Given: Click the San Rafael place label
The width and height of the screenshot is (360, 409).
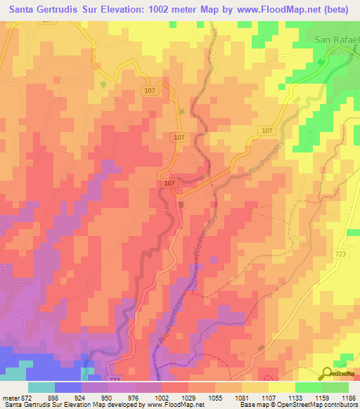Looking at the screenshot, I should pyautogui.click(x=336, y=39).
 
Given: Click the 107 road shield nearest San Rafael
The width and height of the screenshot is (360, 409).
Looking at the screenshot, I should pyautogui.click(x=266, y=131).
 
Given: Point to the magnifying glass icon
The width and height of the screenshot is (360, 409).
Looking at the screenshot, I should pyautogui.click(x=328, y=374).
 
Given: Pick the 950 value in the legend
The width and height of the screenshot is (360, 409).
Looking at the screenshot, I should pyautogui.click(x=107, y=397).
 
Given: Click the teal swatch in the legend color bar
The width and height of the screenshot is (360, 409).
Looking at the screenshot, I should pyautogui.click(x=41, y=387).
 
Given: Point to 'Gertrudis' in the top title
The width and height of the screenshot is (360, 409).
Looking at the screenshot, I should pyautogui.click(x=58, y=11).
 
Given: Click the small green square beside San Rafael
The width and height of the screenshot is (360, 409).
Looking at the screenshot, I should pyautogui.click(x=323, y=63).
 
